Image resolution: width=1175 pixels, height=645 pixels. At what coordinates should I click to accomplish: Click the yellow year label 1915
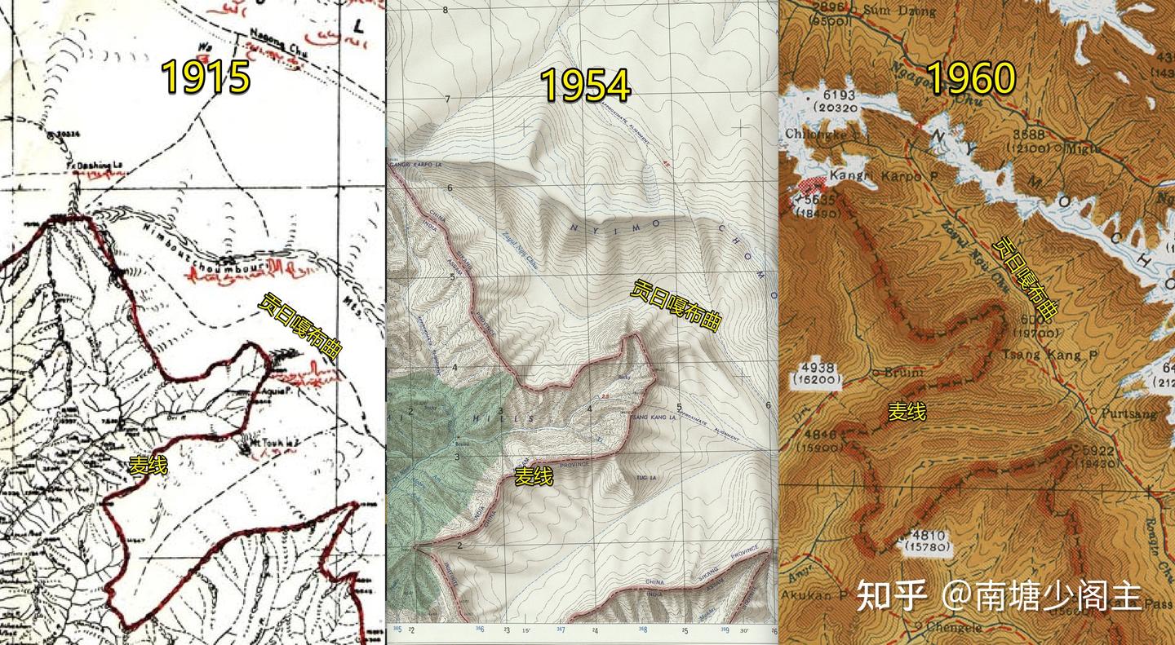206,77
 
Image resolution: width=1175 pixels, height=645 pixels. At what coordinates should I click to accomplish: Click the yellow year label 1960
971,79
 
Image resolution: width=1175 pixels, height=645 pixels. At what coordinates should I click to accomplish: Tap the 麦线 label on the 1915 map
148,466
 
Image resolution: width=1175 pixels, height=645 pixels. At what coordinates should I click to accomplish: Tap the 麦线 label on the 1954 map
534,477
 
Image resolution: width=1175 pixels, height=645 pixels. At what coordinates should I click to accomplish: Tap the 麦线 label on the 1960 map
907,413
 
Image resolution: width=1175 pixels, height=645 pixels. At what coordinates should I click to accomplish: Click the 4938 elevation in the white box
821,367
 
